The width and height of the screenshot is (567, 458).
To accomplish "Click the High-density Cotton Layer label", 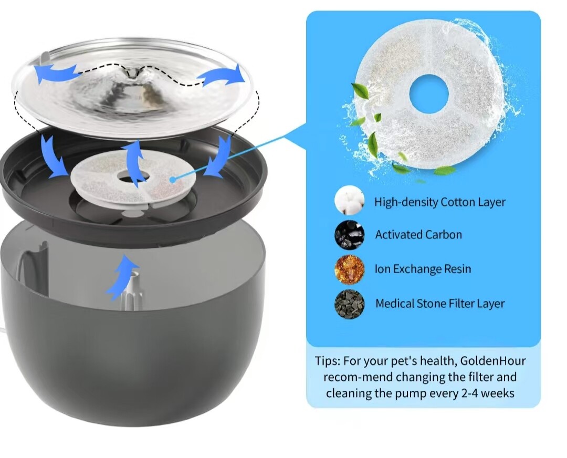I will [439, 202].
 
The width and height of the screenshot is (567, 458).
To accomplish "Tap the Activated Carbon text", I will [418, 235].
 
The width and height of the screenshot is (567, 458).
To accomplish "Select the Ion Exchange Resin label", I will [423, 269].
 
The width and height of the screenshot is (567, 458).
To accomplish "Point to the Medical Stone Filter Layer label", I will [440, 304].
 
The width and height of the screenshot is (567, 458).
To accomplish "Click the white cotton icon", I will [349, 201].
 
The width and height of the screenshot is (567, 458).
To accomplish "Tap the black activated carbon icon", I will [349, 234].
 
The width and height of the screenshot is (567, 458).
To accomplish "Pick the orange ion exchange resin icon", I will [349, 269].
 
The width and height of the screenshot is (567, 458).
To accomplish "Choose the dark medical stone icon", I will [349, 304].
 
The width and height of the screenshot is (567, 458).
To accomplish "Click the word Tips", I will [329, 361].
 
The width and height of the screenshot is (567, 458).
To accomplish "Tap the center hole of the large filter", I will [429, 95].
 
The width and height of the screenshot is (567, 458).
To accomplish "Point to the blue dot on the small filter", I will [172, 180].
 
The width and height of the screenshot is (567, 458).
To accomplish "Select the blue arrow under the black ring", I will [122, 275].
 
